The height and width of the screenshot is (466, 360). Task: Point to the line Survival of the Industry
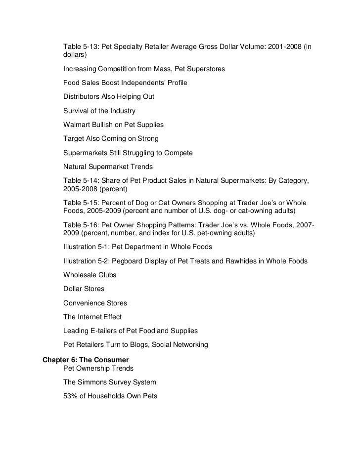[99, 111]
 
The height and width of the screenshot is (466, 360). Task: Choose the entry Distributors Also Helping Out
[109, 97]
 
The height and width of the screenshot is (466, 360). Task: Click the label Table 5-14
[80, 181]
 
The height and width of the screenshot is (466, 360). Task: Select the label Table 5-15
[80, 204]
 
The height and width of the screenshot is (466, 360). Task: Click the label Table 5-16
[80, 226]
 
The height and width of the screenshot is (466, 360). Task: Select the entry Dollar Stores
[84, 289]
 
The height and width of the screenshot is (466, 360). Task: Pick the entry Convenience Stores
[95, 302]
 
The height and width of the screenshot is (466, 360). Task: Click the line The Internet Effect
[92, 317]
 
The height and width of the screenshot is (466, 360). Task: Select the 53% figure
[71, 396]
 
